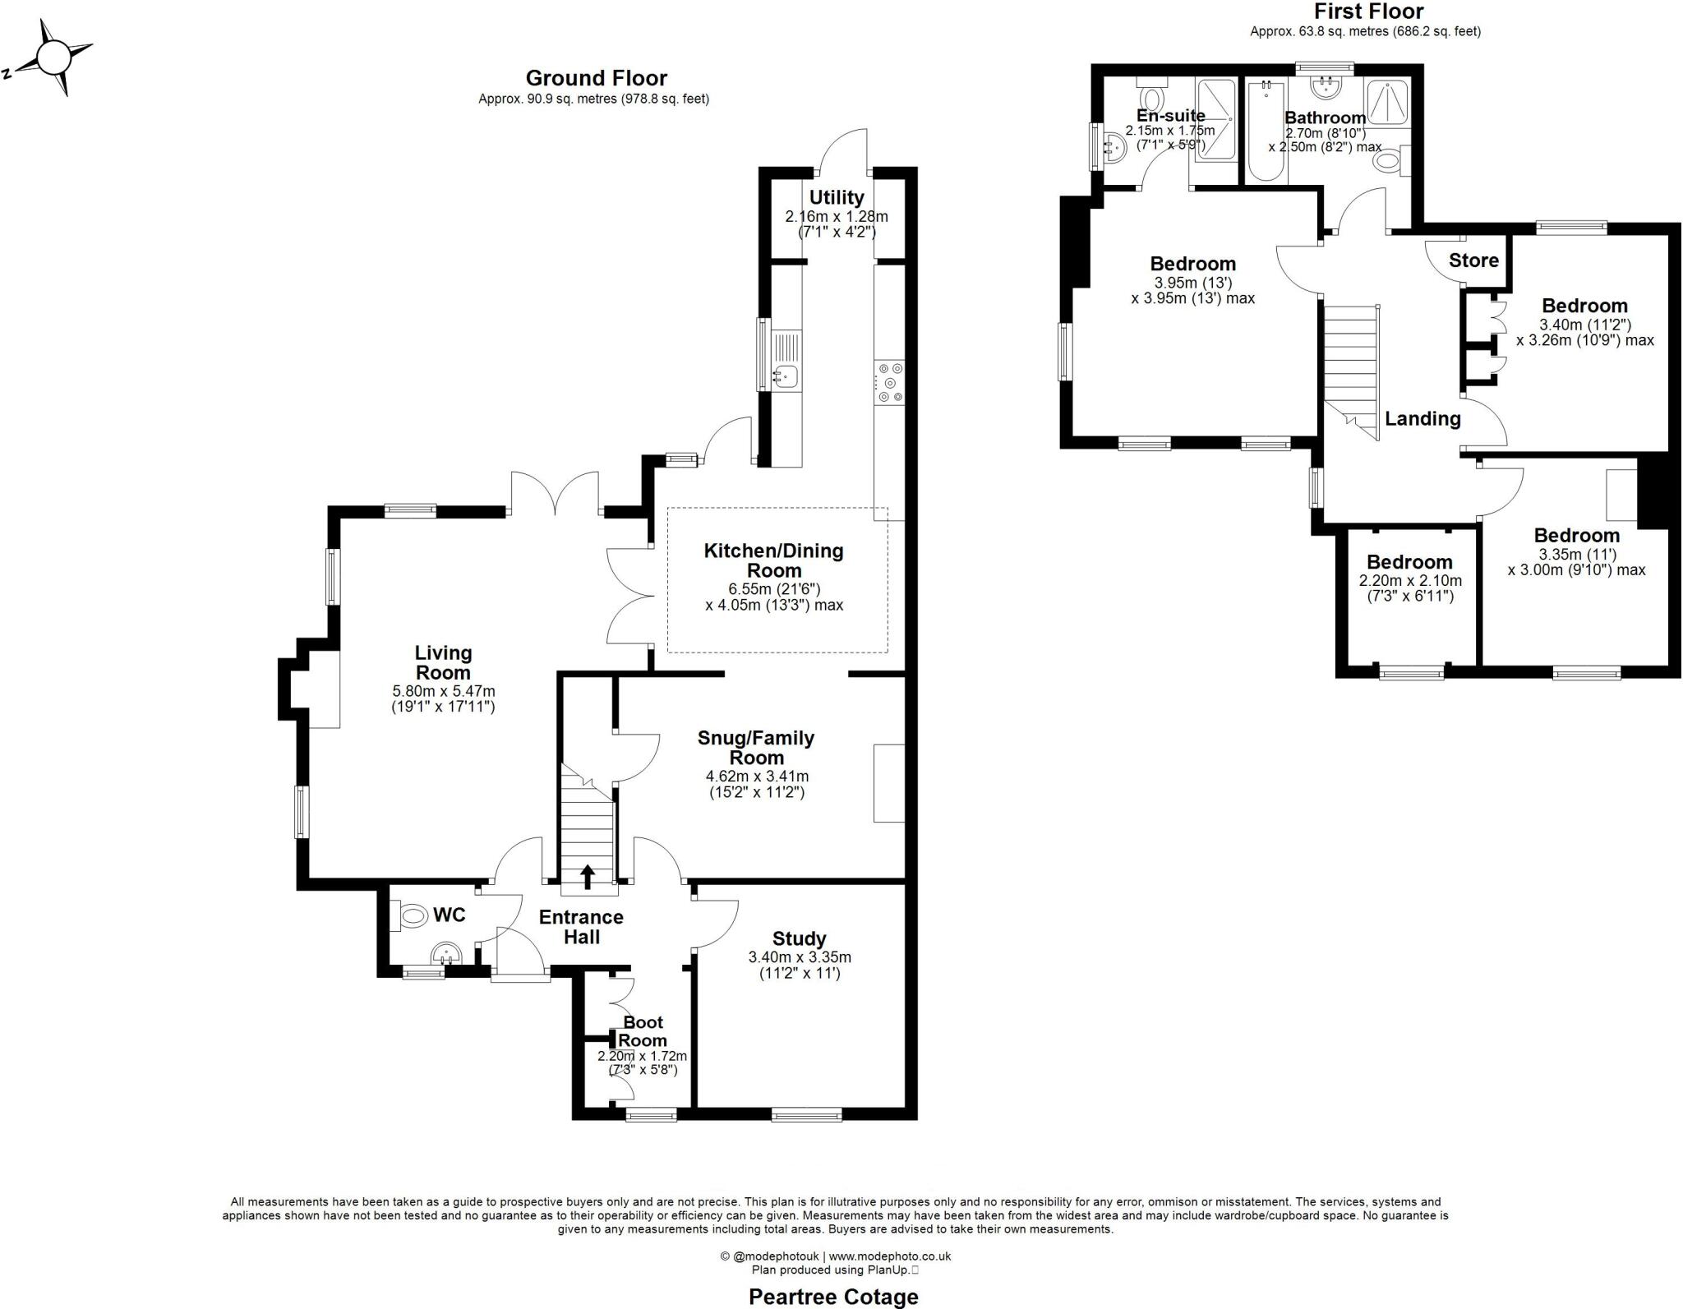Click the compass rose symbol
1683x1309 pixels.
coord(54,58)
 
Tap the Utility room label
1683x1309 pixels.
coord(836,197)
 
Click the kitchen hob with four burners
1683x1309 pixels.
coord(889,383)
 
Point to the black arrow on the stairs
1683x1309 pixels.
coord(588,877)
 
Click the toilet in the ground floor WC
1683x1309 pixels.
coord(412,915)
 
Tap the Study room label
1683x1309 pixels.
coord(799,938)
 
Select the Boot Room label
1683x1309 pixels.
coord(643,1031)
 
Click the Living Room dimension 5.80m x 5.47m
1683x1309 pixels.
coord(444,691)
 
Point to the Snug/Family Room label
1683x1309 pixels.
coord(756,747)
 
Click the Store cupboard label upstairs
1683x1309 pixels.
coord(1473,260)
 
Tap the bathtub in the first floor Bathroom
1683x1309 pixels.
coord(1266,131)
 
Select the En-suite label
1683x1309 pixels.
coord(1171,116)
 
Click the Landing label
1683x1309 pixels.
coord(1422,418)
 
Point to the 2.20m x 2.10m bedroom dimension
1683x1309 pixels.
coord(1410,580)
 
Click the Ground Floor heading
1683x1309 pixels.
coord(596,78)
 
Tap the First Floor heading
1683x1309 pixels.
coord(1368,12)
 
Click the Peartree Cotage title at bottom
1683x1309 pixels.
coord(833,1297)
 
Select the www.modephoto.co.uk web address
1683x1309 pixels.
coord(890,1256)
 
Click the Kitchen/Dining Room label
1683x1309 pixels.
coord(773,560)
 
